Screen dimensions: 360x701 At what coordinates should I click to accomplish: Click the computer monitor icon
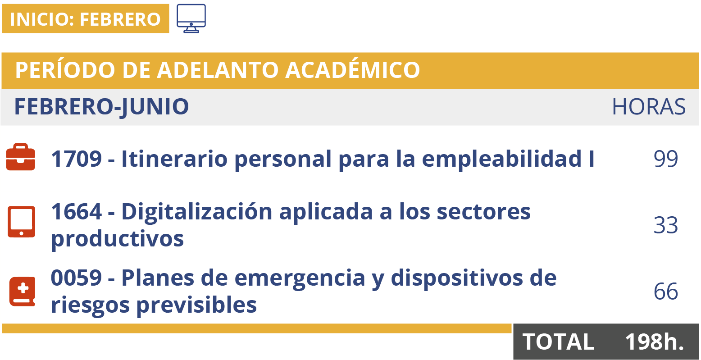[x=191, y=18]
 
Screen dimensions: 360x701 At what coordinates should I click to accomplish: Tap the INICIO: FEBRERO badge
[x=85, y=19]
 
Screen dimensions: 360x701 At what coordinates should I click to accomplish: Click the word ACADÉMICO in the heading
[x=353, y=70]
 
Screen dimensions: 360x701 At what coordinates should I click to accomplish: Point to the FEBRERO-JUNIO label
[x=101, y=107]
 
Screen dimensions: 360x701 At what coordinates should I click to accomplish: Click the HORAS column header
[x=648, y=107]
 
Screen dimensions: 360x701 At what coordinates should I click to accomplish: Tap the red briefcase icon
[x=20, y=157]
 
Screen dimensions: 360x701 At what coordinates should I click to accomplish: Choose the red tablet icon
[x=21, y=222]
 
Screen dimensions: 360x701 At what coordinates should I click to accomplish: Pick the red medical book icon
[x=22, y=292]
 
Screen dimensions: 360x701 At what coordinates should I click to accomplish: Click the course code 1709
[x=76, y=159]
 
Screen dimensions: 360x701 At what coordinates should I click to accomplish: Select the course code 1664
[x=76, y=211]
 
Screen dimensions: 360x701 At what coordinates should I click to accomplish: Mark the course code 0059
[x=76, y=278]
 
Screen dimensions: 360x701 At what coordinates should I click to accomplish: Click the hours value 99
[x=665, y=159]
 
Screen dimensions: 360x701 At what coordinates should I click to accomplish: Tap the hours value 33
[x=665, y=225]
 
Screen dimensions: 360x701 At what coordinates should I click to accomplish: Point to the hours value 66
[x=665, y=292]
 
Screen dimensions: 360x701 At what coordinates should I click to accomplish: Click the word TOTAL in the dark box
[x=558, y=342]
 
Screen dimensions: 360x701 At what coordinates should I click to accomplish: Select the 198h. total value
[x=654, y=342]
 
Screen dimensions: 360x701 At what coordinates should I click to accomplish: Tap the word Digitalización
[x=197, y=211]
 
